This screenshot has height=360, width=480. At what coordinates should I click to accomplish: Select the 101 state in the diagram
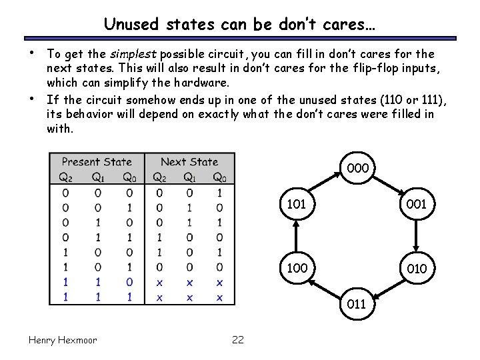coord(296,204)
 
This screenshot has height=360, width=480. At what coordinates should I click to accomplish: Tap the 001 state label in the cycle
coord(417,204)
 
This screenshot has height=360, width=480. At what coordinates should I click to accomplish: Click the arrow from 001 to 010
coord(417,235)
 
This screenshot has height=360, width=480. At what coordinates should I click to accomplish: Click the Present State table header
coord(97,162)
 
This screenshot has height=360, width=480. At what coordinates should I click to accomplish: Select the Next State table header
coord(189,162)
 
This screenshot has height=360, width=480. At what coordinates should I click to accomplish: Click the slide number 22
coord(238,340)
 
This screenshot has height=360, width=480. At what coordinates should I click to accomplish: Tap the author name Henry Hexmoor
coord(63,340)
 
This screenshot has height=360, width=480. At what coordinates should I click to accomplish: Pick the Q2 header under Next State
coord(159,177)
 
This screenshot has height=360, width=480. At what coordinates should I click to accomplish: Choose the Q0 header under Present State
coord(129,177)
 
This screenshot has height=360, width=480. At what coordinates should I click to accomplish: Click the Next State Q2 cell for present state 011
coord(159,237)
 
